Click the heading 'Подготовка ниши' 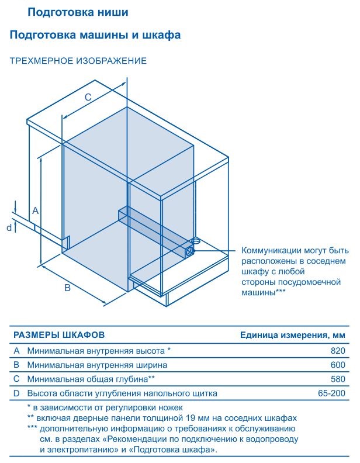[78, 12]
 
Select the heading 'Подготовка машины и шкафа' [95, 35]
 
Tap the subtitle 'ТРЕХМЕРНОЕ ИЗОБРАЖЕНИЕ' [78, 61]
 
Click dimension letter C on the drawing [88, 97]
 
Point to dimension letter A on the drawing [36, 211]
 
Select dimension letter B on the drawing [68, 288]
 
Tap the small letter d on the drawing [9, 227]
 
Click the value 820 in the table [338, 351]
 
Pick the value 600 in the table [338, 365]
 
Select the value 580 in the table [338, 379]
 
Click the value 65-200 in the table [332, 393]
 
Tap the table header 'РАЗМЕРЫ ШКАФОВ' [59, 335]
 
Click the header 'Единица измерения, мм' [292, 336]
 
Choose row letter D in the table [16, 393]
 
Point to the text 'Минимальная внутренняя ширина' [98, 365]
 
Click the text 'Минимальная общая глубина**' [91, 379]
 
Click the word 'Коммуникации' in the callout [272, 251]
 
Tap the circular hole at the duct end [189, 251]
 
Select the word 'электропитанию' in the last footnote [80, 450]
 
